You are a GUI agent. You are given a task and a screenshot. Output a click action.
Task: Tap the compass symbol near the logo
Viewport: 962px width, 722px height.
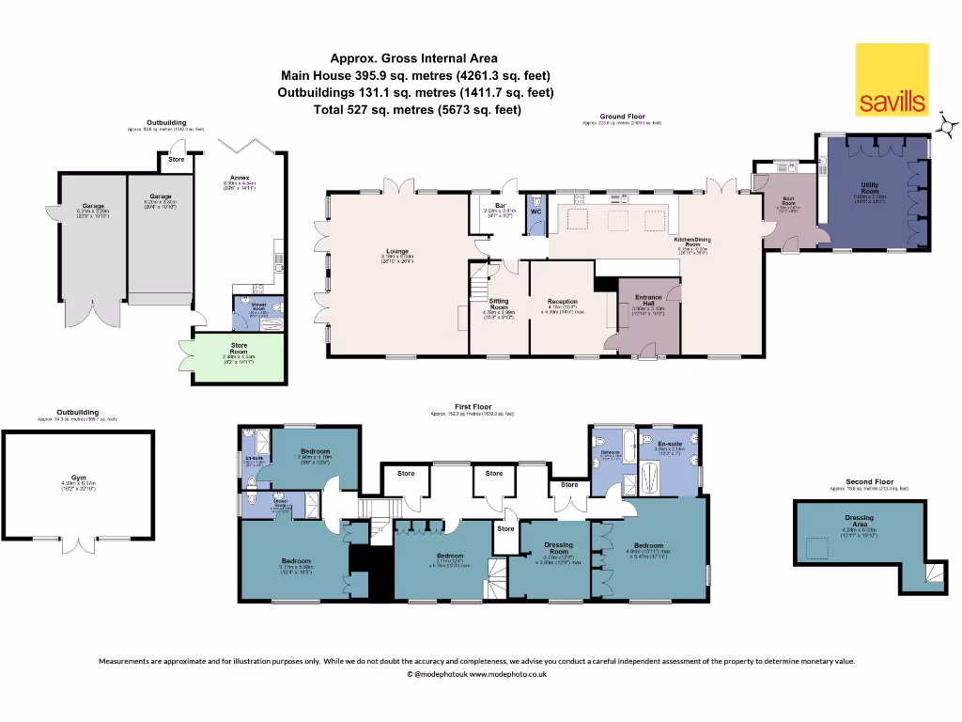tap(947, 123)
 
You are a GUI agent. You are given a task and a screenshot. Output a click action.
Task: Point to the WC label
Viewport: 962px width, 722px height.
tap(535, 211)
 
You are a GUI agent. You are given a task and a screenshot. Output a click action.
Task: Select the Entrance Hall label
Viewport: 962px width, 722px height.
tap(647, 299)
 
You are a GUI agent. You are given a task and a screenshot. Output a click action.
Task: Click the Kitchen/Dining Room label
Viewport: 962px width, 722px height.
tap(692, 242)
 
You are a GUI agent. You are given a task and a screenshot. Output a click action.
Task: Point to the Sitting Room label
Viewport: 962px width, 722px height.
tap(499, 304)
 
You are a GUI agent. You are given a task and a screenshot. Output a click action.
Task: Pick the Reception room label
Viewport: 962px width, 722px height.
tap(562, 301)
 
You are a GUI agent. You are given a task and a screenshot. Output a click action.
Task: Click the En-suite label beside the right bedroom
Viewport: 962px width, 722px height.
tap(668, 443)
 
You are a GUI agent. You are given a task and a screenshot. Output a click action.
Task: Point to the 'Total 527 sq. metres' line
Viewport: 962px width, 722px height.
tap(416, 110)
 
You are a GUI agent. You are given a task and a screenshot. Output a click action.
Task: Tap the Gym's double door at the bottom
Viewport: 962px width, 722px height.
tap(79, 545)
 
